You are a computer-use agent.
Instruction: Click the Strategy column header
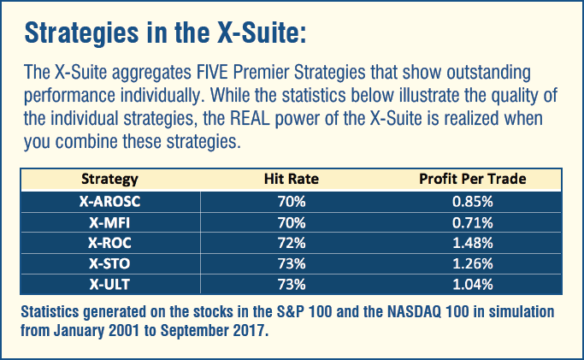point(109,180)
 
